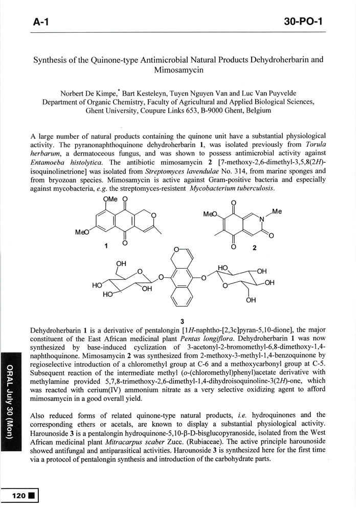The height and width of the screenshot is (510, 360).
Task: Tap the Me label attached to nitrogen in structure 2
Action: (x=277, y=211)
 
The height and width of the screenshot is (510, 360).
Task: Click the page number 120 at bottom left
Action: (x=19, y=495)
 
